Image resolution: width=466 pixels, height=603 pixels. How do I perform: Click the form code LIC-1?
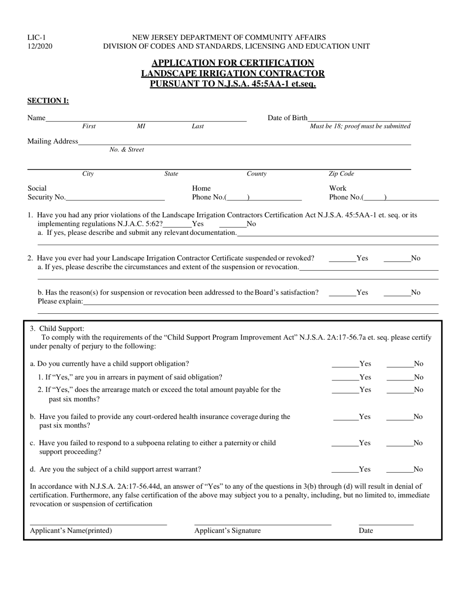point(37,37)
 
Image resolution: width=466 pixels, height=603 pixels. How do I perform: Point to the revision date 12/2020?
point(40,46)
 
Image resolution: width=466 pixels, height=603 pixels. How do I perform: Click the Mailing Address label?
point(52,141)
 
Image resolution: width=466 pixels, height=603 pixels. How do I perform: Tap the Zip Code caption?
point(341,174)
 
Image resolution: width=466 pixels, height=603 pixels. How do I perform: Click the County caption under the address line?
point(257,174)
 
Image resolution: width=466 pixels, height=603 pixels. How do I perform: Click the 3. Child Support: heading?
point(57,328)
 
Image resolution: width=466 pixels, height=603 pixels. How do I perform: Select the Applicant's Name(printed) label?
point(71,530)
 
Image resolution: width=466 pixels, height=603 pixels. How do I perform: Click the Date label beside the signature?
point(366,530)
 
